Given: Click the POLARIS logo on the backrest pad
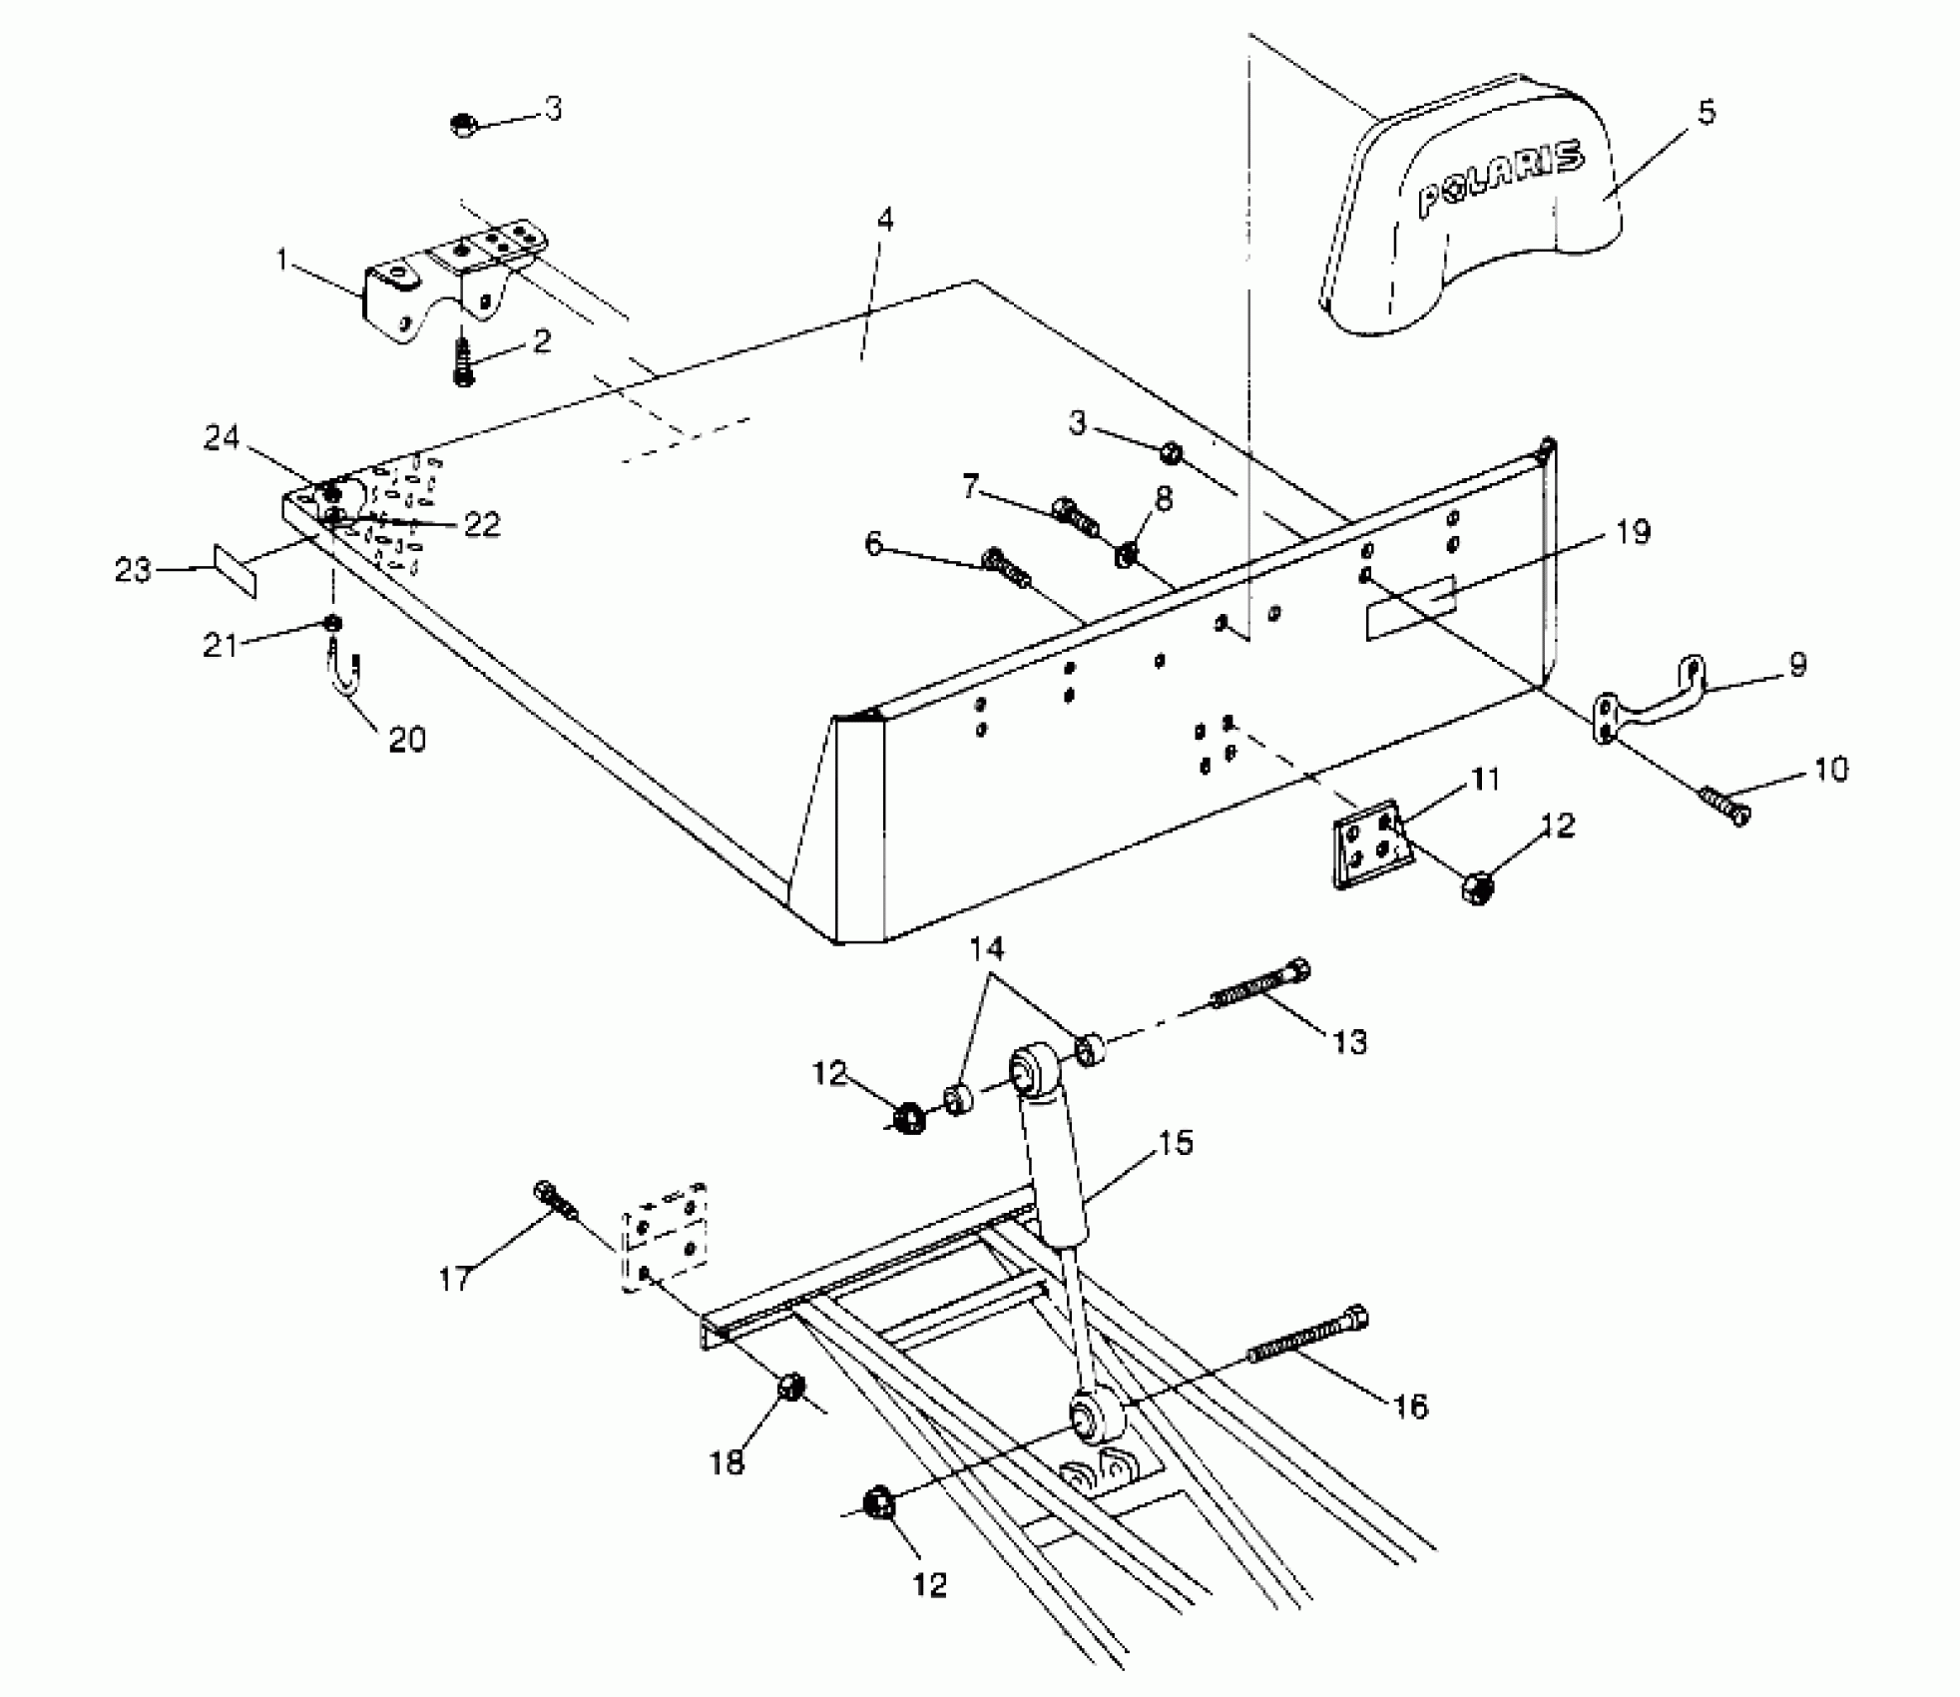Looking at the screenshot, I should click(1499, 181).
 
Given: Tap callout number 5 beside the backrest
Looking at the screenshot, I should click(1706, 113).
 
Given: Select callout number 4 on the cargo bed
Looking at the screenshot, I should click(884, 220).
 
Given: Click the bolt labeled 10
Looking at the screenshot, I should click(1723, 805).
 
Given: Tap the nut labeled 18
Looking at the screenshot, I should click(791, 1388).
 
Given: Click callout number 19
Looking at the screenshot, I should click(1633, 532).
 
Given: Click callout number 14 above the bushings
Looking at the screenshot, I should click(986, 947).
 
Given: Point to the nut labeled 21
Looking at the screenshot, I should click(332, 624).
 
